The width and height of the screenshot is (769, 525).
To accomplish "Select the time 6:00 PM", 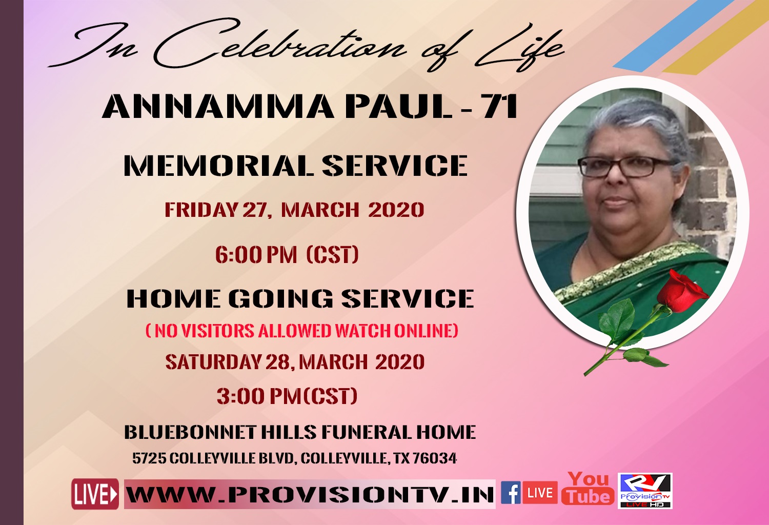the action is coord(256,255).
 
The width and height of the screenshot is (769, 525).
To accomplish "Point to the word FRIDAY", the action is coord(201,210).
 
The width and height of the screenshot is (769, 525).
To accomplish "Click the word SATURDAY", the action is coord(213,362).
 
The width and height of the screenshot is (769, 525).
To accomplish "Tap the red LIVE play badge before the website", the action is coord(95,494).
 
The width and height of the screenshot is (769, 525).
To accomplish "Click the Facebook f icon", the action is coord(511,493).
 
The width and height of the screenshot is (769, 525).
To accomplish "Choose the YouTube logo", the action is coord(588,488).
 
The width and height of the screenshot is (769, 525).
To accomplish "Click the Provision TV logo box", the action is coord(645,491).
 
